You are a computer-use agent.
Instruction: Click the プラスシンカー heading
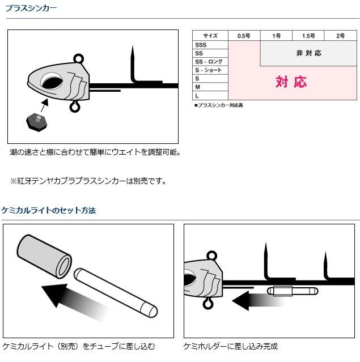(31, 8)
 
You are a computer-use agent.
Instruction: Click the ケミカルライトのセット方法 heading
(49, 210)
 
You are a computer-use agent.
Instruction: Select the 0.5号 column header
(244, 36)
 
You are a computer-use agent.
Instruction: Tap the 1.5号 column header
(308, 36)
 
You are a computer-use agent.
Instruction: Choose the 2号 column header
(341, 36)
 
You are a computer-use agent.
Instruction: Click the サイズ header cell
(210, 36)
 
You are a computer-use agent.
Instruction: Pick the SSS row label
(201, 45)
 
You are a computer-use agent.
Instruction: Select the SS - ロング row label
(209, 62)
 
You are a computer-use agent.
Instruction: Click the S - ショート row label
(208, 70)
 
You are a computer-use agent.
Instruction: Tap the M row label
(197, 87)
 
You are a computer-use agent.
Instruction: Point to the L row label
(197, 96)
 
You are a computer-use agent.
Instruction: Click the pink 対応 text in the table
(291, 82)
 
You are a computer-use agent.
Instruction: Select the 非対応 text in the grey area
(309, 53)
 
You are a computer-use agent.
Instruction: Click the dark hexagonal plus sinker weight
(37, 122)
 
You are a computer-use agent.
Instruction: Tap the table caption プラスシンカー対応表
(219, 105)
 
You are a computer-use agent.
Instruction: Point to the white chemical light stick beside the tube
(116, 292)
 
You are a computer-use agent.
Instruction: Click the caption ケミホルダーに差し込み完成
(230, 346)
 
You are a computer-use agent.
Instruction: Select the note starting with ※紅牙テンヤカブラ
(88, 181)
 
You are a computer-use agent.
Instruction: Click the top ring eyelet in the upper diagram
(79, 58)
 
